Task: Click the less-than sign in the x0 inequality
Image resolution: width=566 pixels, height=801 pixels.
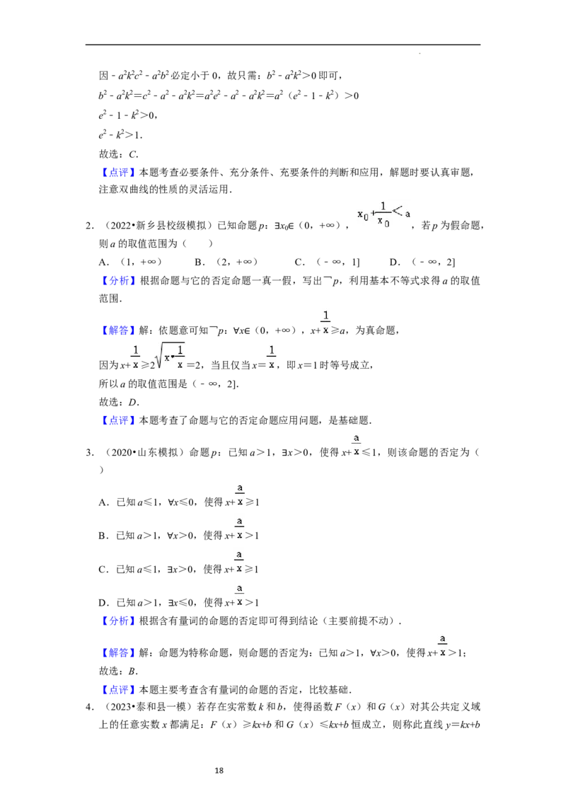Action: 398,209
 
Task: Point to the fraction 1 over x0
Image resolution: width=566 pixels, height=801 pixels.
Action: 383,214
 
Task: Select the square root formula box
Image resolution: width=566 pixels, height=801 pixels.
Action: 170,357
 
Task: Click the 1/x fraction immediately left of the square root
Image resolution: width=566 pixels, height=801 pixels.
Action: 136,357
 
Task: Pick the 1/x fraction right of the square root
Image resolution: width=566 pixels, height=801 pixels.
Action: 272,357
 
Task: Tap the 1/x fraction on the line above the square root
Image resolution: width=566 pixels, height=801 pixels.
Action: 325,323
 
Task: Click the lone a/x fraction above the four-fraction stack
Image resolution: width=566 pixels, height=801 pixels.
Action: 357,444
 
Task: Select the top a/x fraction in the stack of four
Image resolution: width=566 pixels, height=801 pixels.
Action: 241,493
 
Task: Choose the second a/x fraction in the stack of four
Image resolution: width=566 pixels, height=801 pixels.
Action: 241,527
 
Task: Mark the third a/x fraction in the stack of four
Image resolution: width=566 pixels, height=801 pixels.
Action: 241,560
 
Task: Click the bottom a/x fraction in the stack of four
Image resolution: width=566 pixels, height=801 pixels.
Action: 241,594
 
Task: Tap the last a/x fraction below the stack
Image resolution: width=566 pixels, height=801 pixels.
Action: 444,645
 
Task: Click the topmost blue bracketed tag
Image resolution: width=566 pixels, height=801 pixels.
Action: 119,173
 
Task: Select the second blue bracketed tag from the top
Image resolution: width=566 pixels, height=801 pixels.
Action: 119,281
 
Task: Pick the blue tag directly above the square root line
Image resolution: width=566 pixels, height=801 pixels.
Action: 119,330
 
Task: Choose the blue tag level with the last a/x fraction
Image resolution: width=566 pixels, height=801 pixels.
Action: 119,653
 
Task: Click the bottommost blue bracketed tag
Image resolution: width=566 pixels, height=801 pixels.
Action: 119,689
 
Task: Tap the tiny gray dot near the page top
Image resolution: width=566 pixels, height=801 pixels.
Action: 422,54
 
